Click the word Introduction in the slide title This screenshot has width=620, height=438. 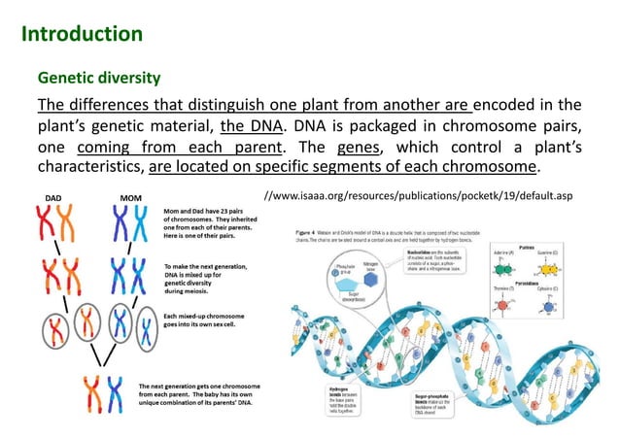(x=82, y=35)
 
